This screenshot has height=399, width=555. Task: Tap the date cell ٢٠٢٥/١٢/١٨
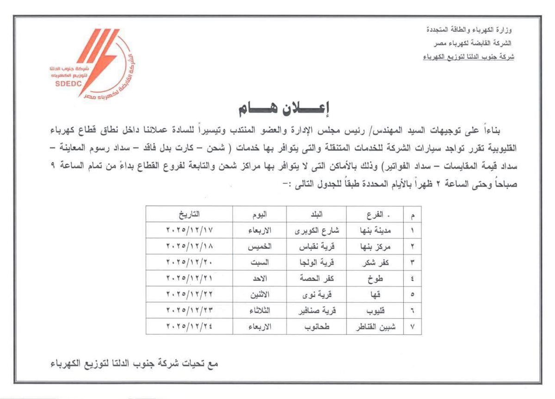tap(190, 246)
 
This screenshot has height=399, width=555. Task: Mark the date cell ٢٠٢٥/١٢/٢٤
tap(190, 326)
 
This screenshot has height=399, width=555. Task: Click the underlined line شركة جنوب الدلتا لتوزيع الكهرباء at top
tap(469, 57)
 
